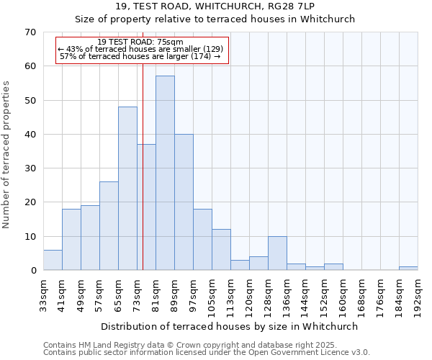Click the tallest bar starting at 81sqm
pos(165,173)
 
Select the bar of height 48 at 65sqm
pos(127,189)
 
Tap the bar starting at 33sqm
pos(53,260)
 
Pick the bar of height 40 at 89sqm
pos(184,202)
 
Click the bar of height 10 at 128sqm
pos(277,253)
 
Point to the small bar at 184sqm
pos(408,269)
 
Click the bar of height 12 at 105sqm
pos(221,250)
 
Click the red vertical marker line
pos(143,180)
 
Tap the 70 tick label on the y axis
pos(30,32)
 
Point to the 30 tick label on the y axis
pos(30,168)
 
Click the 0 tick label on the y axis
pos(32,271)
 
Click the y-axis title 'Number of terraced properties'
pos(6,155)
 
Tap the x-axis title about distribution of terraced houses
pos(230,326)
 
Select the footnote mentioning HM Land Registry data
pos(206,345)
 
